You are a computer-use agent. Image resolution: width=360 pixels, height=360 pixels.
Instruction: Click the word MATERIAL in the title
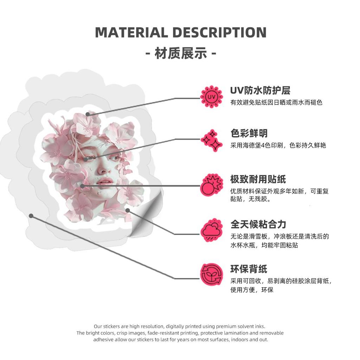131,32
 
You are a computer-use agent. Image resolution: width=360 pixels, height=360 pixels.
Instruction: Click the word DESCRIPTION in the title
219,32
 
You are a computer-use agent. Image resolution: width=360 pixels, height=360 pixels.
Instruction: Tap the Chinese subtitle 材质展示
181,53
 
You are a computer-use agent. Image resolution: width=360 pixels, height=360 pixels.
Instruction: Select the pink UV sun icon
211,97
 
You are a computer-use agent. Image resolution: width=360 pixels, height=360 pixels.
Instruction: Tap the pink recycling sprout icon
211,275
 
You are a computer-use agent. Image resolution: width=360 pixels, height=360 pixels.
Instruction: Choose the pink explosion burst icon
211,185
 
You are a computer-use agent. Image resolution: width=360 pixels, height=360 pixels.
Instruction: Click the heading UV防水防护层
260,90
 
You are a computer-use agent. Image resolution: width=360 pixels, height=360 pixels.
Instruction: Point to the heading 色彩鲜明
249,133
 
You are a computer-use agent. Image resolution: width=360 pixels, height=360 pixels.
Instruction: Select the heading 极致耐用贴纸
258,179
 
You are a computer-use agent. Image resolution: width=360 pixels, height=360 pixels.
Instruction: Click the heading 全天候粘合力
258,224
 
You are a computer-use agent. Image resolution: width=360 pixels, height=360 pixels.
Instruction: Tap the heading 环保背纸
249,269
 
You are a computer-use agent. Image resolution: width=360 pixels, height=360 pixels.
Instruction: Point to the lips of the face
104,181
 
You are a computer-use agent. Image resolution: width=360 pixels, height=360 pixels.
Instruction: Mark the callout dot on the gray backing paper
31,216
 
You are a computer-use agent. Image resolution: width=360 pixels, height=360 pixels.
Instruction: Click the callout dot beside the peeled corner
128,210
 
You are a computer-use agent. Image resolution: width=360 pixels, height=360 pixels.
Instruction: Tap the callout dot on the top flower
88,114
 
